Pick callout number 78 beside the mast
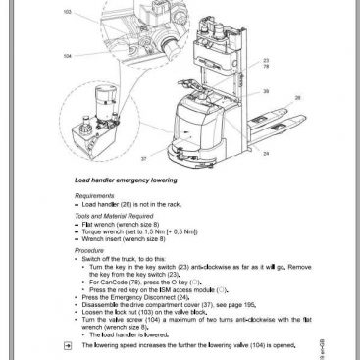(x=266, y=66)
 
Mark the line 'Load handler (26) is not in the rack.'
(x=136, y=204)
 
